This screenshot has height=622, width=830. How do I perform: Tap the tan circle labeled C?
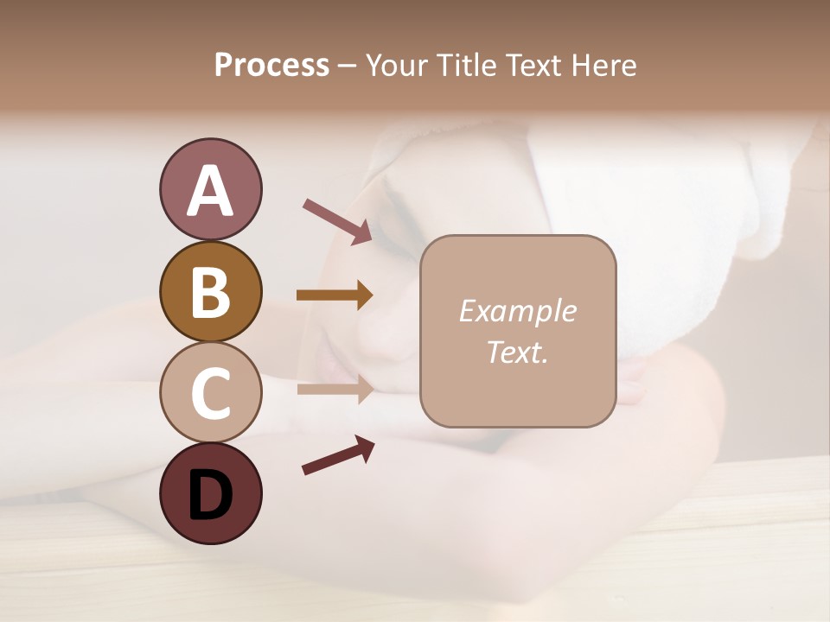[x=210, y=392]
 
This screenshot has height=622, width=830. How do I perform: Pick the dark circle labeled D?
[x=210, y=493]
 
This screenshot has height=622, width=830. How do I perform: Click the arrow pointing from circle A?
[x=337, y=220]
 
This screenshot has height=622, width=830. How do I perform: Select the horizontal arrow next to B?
[x=335, y=295]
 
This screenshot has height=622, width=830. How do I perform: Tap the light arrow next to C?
[x=335, y=389]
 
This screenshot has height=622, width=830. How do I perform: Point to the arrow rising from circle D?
[x=338, y=455]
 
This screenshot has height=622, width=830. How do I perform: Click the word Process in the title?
[x=271, y=66]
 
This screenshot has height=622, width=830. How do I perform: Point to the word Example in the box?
[x=517, y=311]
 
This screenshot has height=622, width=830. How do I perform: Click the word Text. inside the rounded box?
[x=517, y=352]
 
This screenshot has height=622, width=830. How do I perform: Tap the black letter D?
[x=210, y=495]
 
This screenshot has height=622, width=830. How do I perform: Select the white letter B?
[x=210, y=293]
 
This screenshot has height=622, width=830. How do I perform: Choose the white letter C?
[x=210, y=394]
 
